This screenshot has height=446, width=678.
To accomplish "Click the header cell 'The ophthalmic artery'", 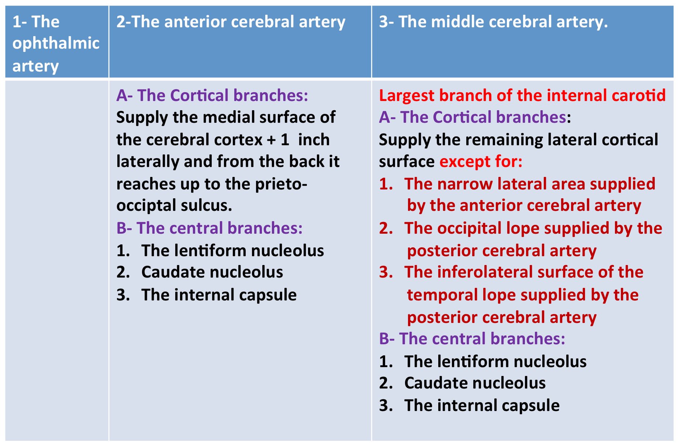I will point(56,43).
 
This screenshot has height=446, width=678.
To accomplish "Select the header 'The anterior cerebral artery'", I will point(231,22).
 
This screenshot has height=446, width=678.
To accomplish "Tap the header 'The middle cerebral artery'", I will point(493,22).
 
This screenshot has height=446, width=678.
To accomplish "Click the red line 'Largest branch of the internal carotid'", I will point(522,95).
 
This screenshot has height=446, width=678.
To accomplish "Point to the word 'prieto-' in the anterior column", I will point(281,184).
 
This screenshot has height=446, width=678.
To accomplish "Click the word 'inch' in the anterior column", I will point(314,140).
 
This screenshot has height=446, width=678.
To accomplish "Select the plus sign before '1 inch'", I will point(271,140).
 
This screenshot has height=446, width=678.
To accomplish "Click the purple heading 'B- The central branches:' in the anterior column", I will point(209,228).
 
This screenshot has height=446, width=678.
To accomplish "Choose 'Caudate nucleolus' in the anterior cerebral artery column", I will point(212,272).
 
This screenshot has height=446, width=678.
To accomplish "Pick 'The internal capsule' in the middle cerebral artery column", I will point(482,405).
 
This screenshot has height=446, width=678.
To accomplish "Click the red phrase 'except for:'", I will point(481,162).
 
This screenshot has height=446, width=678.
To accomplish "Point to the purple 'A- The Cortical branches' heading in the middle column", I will point(473,118).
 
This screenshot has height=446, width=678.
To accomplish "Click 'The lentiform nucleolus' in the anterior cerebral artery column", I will point(232,251).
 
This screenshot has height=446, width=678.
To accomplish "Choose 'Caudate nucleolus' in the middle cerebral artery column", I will point(475,383).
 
